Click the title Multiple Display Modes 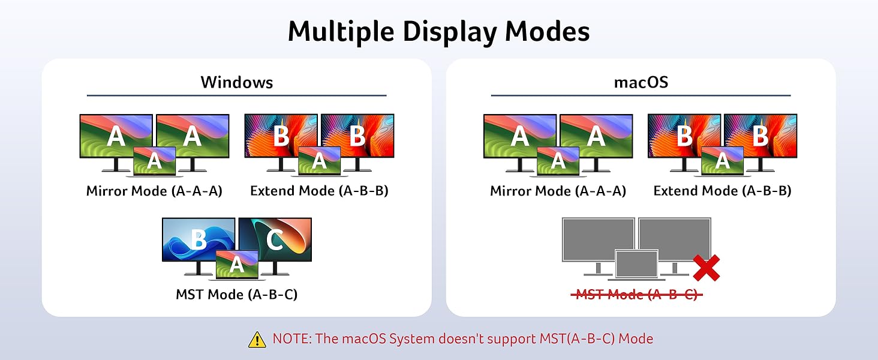[x=438, y=31]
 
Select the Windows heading [x=236, y=82]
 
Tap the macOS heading [x=641, y=82]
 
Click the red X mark [x=706, y=268]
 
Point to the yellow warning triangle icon [x=257, y=340]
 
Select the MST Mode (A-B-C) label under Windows [x=236, y=295]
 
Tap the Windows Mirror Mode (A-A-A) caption [x=154, y=191]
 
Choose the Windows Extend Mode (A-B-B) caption [x=319, y=191]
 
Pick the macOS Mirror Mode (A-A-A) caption [x=558, y=191]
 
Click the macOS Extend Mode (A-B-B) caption [x=722, y=191]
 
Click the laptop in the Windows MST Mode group [x=237, y=265]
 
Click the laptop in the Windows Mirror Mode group [x=155, y=161]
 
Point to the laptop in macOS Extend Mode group [x=723, y=161]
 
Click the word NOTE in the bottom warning [x=292, y=339]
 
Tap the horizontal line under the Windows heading [x=236, y=95]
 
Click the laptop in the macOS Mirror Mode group [x=558, y=161]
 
